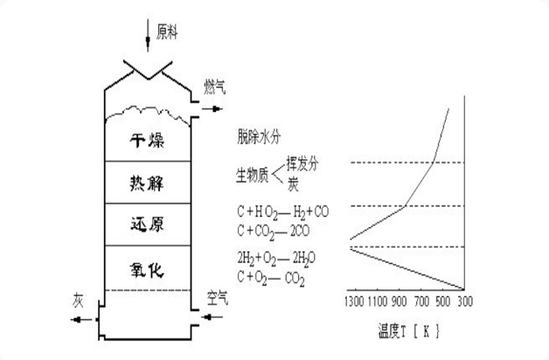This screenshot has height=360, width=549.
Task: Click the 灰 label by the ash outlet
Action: point(80,300)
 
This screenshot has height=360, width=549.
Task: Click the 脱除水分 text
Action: point(260,137)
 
